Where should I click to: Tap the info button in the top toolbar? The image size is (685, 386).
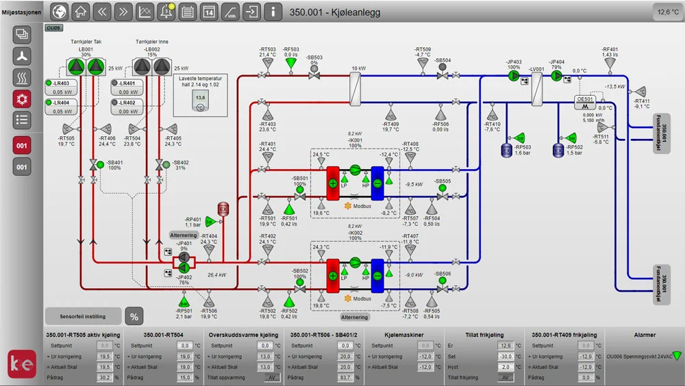pyautogui.click(x=273, y=12)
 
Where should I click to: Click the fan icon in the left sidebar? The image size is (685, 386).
pyautogui.click(x=22, y=57)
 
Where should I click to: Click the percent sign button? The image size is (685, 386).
pyautogui.click(x=134, y=316)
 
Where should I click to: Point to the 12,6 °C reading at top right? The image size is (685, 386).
pyautogui.click(x=668, y=12)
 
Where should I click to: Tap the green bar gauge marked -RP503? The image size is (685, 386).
pyautogui.click(x=519, y=138)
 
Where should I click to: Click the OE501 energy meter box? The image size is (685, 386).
pyautogui.click(x=584, y=99)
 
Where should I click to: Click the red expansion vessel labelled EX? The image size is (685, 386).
pyautogui.click(x=222, y=209)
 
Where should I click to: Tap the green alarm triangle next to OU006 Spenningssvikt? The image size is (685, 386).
pyautogui.click(x=677, y=355)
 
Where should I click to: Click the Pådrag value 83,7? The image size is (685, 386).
pyautogui.click(x=345, y=377)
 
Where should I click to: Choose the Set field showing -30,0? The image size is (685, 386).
pyautogui.click(x=505, y=357)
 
